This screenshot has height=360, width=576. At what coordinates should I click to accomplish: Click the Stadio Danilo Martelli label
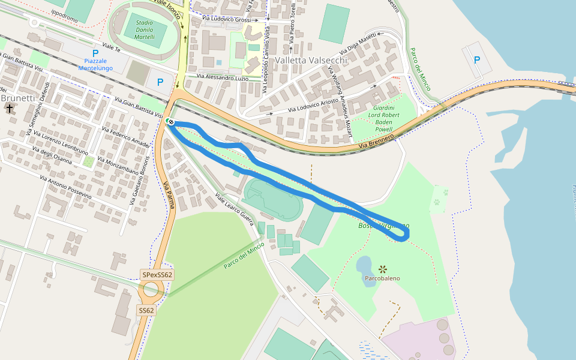point(145,29)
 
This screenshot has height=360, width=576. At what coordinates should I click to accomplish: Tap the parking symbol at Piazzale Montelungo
point(95,53)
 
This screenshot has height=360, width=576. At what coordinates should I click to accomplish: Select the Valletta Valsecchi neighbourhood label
point(311,61)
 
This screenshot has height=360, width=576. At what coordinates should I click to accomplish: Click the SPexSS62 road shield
point(157,275)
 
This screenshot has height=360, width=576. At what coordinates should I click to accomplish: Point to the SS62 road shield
point(146,310)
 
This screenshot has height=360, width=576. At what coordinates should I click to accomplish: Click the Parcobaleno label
point(382,278)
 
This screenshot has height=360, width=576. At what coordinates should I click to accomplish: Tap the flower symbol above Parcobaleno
point(383,268)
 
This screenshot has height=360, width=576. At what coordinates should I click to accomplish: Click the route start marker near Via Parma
point(170,122)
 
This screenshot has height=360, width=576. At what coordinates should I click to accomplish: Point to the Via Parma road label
point(169,194)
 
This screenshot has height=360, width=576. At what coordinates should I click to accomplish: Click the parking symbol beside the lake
point(477,59)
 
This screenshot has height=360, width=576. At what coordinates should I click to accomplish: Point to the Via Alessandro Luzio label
point(222,77)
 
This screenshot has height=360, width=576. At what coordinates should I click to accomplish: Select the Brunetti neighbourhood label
point(17,98)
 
